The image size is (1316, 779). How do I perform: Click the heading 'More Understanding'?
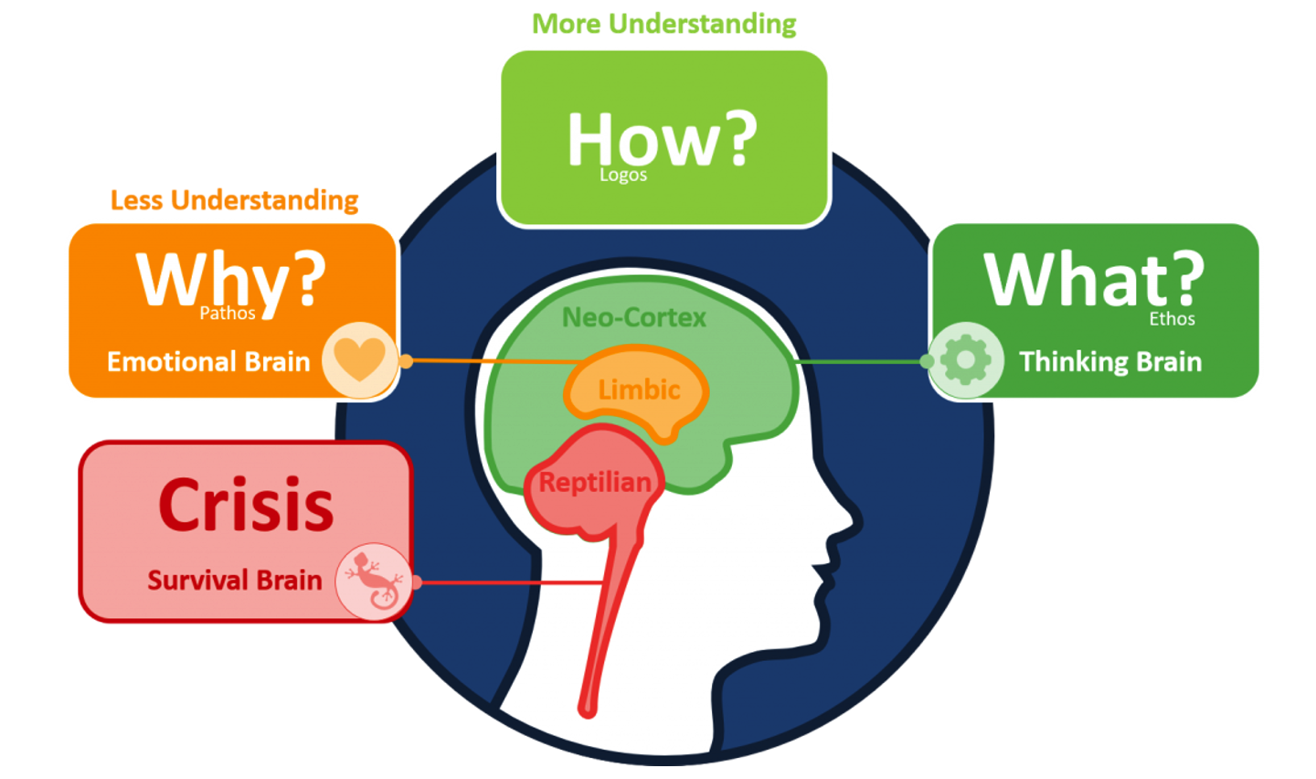(x=663, y=24)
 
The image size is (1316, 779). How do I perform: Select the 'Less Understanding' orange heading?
(x=234, y=200)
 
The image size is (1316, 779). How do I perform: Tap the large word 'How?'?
(x=662, y=139)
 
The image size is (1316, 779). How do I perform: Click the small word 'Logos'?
(x=623, y=175)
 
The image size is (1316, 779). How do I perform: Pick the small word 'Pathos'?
(x=228, y=313)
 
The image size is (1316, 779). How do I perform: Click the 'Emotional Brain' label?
(x=208, y=362)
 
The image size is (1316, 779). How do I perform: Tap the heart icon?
(x=359, y=359)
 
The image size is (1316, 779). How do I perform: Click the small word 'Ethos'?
(x=1172, y=319)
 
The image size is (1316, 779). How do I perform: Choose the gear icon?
(x=965, y=360)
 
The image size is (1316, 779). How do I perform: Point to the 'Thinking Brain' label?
(x=1110, y=362)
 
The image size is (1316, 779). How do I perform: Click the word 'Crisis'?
(x=246, y=505)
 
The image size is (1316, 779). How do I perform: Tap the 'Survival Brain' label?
(x=234, y=581)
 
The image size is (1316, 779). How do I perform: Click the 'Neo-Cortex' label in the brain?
(x=633, y=317)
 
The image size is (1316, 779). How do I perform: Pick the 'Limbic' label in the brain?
(x=639, y=390)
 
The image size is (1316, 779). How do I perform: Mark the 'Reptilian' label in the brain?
(x=594, y=482)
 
